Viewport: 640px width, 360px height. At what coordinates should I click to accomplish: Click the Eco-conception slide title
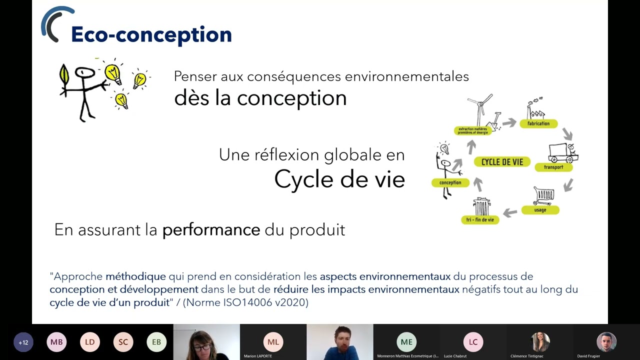[x=151, y=34]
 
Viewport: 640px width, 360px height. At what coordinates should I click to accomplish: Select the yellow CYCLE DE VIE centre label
[x=502, y=161]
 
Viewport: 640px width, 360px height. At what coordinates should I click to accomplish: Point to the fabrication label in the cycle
[x=538, y=123]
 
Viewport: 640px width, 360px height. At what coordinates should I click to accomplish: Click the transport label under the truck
[x=553, y=167]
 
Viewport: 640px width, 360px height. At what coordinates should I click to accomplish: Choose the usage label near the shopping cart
[x=540, y=210]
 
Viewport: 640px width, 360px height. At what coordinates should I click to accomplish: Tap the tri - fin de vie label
[x=480, y=219]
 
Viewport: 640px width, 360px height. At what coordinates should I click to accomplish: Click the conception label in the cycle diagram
[x=450, y=182]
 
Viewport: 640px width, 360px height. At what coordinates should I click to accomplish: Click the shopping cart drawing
[x=543, y=195]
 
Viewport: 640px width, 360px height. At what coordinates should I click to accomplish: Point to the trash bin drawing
[x=481, y=206]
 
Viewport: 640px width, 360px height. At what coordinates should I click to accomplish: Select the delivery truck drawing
[x=562, y=152]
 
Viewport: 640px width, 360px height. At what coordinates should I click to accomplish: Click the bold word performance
[x=211, y=229]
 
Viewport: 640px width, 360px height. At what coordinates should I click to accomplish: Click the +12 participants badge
[x=23, y=342]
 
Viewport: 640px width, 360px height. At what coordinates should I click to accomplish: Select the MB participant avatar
[x=56, y=342]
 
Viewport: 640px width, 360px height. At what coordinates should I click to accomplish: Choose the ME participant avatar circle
[x=406, y=342]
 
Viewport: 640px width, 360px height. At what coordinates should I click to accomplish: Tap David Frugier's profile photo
[x=606, y=342]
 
